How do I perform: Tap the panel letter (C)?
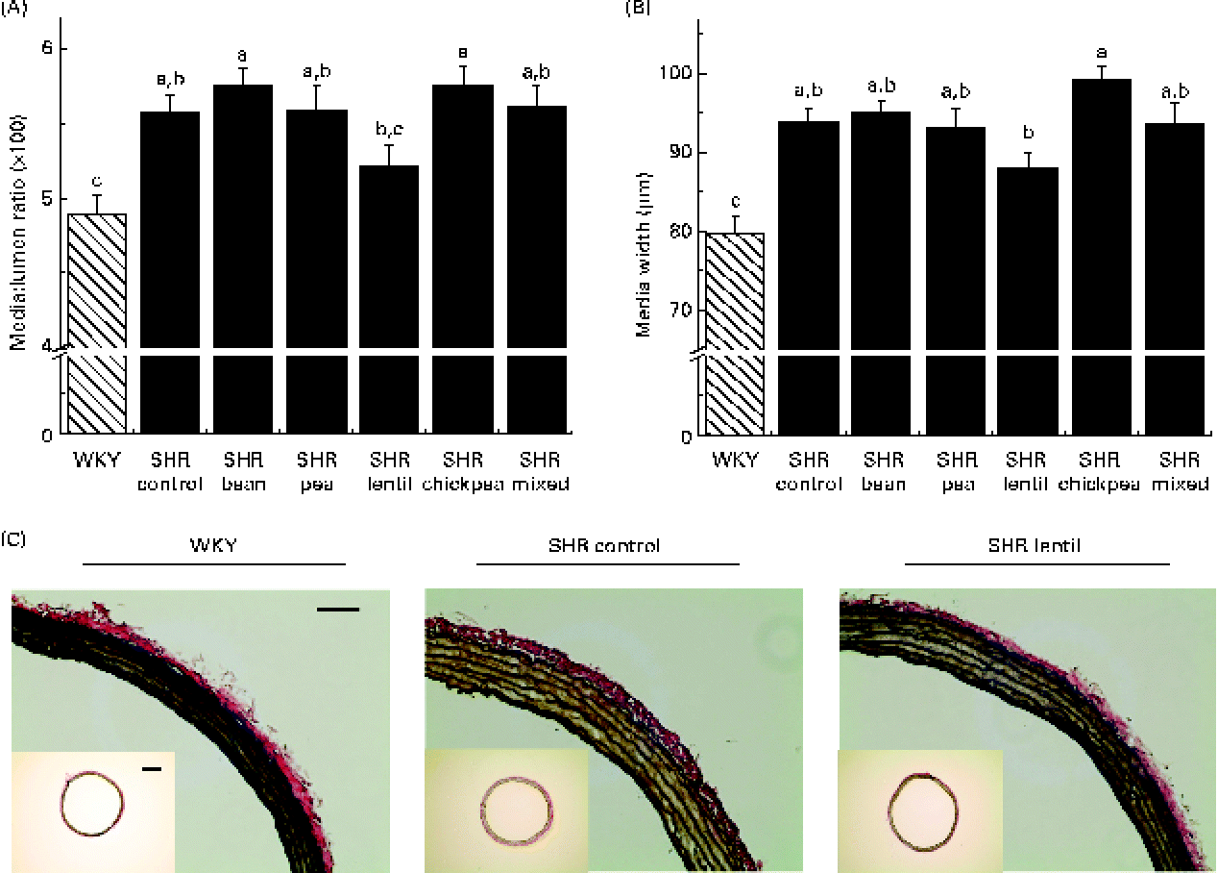tap(13, 538)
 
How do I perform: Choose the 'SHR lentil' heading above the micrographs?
tap(1036, 546)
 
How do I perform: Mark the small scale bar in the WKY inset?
tap(150, 768)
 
